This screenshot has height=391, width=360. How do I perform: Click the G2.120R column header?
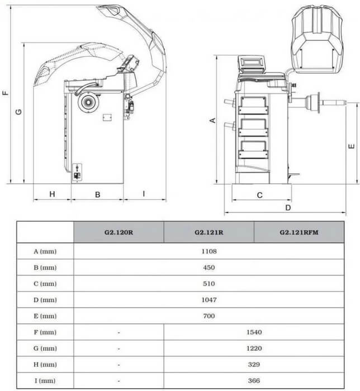coord(119,232)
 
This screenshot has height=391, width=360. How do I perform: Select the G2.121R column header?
coord(209,232)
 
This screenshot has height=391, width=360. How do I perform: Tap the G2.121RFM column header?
coord(299,232)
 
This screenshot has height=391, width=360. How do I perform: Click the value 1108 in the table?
coord(209,251)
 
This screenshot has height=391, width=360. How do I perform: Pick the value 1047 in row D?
coord(209,299)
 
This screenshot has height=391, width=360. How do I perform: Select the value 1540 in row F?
coord(254,332)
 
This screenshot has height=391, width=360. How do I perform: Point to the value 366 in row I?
coord(254,380)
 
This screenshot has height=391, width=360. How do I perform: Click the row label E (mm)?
coord(45,316)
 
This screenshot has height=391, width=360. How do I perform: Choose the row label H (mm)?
coord(45,364)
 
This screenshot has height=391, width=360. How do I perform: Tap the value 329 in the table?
coord(254,364)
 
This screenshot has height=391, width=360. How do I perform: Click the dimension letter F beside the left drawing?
coord(5,93)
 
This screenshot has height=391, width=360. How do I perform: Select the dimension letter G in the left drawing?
coord(18,112)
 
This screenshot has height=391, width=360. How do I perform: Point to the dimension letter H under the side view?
coord(51,194)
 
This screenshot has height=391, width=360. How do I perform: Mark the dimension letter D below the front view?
coord(287,208)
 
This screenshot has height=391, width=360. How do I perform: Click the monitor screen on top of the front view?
coord(252,63)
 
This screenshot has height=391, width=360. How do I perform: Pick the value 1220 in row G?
coord(254,348)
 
